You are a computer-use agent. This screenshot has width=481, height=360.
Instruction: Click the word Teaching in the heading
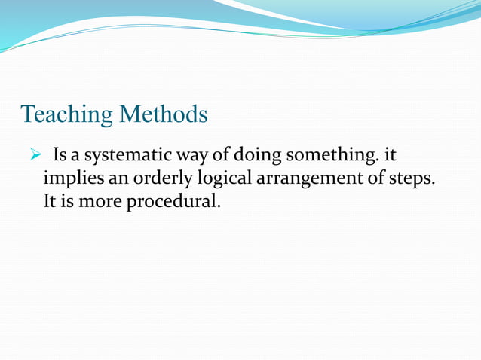pyautogui.click(x=67, y=114)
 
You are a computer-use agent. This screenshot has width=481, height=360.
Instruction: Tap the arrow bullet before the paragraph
pyautogui.click(x=33, y=156)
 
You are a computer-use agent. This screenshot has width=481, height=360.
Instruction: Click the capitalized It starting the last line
pyautogui.click(x=51, y=203)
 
